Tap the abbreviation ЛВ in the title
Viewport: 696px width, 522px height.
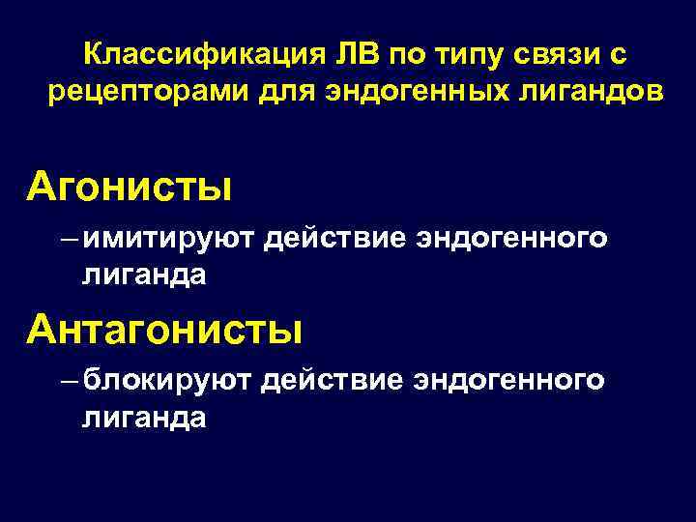[x=358, y=55]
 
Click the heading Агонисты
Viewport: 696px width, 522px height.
[x=129, y=183]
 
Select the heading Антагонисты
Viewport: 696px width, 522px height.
[x=164, y=330]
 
